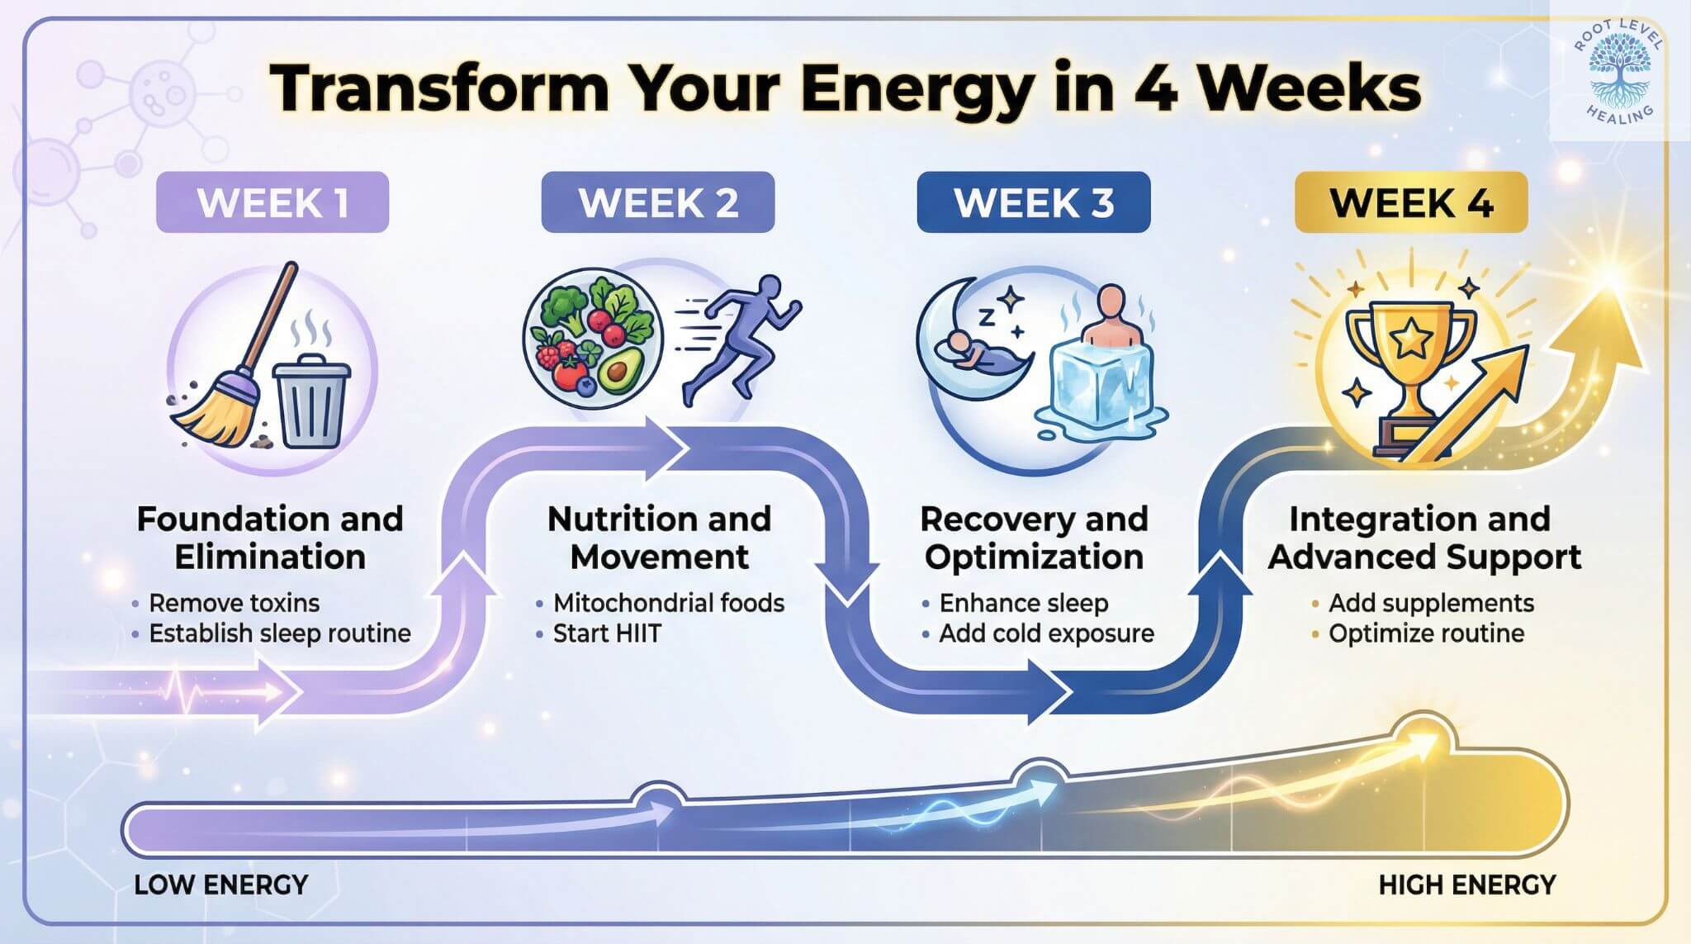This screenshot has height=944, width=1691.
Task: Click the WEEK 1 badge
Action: [x=272, y=202]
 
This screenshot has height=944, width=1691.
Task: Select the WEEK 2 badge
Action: [x=657, y=202]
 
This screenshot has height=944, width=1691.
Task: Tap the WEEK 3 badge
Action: [x=1033, y=202]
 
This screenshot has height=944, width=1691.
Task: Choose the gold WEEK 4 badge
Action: [x=1410, y=202]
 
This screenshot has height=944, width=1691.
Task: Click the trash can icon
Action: [x=311, y=402]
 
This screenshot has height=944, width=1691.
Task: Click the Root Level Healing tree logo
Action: [x=1618, y=69]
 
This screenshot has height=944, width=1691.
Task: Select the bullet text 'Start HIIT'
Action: [x=607, y=633]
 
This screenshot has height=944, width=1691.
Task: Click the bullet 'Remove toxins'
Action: [x=234, y=603]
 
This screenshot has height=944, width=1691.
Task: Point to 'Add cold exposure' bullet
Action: [x=1046, y=633]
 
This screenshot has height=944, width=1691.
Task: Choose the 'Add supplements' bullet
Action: [x=1430, y=603]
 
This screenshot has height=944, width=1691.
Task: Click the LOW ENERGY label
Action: [x=220, y=885]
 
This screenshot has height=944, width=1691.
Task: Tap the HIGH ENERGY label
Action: [x=1466, y=885]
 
